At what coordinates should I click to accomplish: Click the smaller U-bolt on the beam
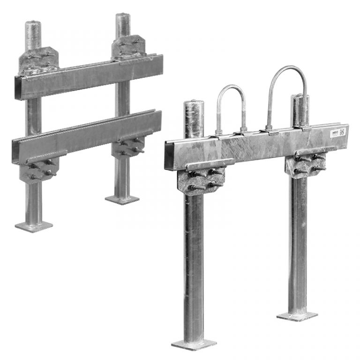231,89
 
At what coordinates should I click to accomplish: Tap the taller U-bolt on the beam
287,70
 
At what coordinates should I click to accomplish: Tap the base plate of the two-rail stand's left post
34,226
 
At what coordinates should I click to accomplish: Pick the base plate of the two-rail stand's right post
122,199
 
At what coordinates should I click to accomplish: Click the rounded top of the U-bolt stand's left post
193,105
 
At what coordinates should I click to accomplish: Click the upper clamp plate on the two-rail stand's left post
37,60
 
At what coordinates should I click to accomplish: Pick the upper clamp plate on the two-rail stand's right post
128,47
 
